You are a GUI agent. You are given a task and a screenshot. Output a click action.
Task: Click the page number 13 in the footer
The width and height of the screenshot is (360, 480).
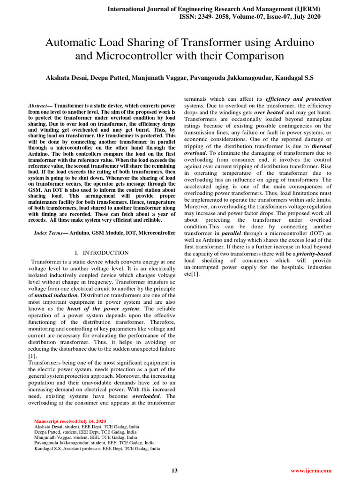point(175,471)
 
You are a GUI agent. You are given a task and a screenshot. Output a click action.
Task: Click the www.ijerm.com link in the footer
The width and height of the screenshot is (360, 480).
point(311,471)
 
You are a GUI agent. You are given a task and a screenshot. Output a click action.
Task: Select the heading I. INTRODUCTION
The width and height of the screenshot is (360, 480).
point(102,253)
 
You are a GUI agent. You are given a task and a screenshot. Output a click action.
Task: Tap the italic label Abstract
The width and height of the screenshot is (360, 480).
point(40,106)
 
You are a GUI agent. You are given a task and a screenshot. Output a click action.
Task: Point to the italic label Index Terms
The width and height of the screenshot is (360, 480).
point(48,232)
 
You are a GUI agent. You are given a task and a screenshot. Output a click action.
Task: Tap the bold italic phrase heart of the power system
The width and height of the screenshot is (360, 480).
point(103,308)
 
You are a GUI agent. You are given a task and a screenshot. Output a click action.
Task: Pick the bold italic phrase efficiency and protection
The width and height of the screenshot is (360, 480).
point(298,99)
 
